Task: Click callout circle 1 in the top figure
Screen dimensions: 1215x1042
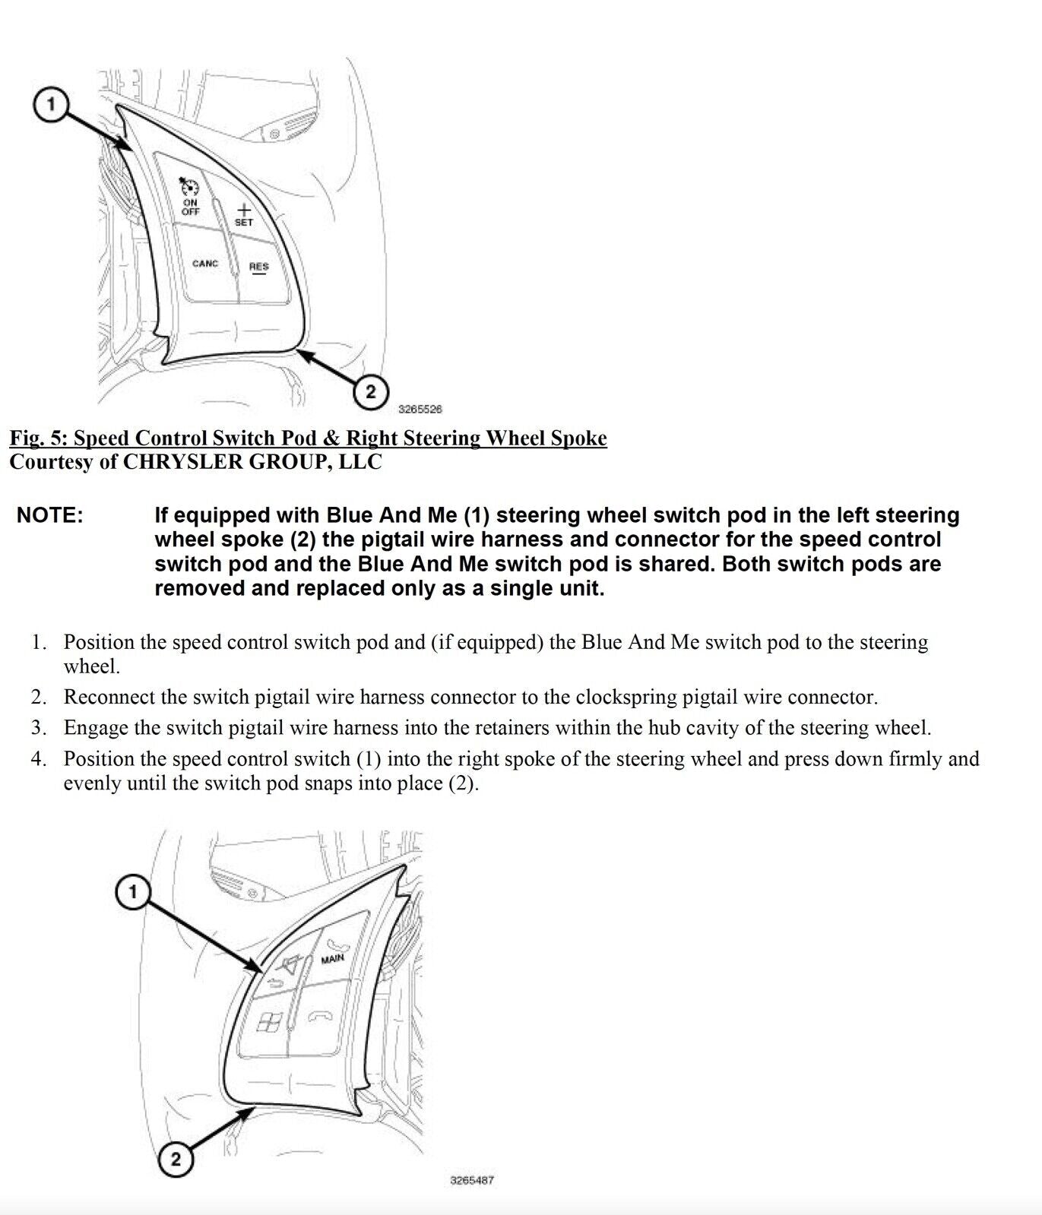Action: pos(51,104)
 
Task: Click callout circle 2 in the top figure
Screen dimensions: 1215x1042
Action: pos(370,392)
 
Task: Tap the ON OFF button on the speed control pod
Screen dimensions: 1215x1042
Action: pos(189,198)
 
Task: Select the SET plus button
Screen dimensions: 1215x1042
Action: pos(244,214)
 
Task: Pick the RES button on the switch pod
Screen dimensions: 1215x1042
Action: pos(259,267)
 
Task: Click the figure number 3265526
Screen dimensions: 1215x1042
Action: pos(420,410)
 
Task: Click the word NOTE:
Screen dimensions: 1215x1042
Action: pos(50,515)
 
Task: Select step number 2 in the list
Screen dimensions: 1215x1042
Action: pos(39,697)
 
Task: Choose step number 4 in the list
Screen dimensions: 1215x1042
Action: pos(39,758)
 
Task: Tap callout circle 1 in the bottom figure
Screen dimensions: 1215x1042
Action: pos(133,891)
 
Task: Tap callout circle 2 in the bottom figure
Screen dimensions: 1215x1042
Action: pos(176,1160)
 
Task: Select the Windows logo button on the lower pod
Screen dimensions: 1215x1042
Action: pos(267,1024)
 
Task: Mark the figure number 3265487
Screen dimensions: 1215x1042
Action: pos(472,1181)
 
